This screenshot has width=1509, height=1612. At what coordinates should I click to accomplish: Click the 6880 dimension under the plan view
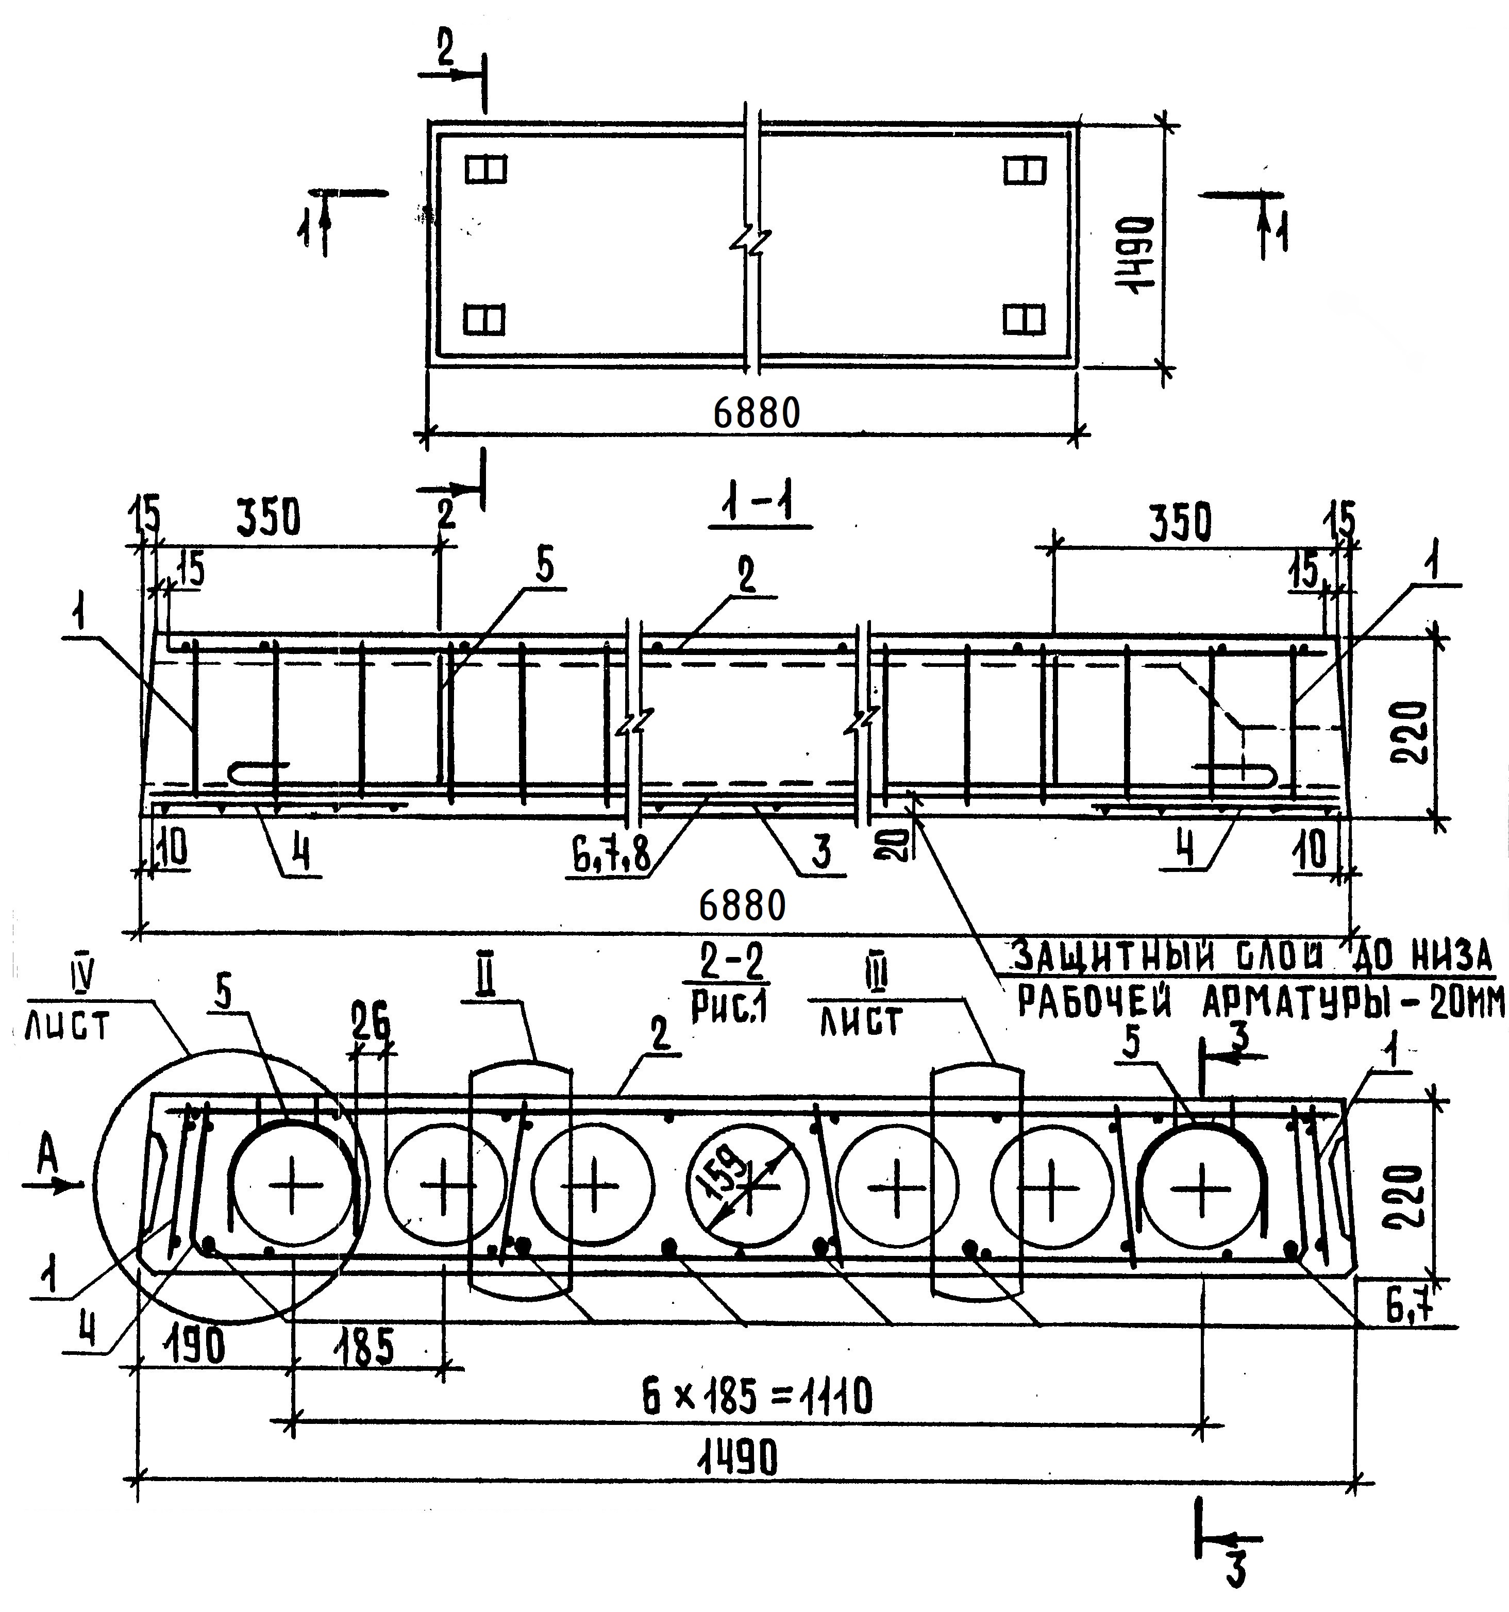(x=757, y=413)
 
